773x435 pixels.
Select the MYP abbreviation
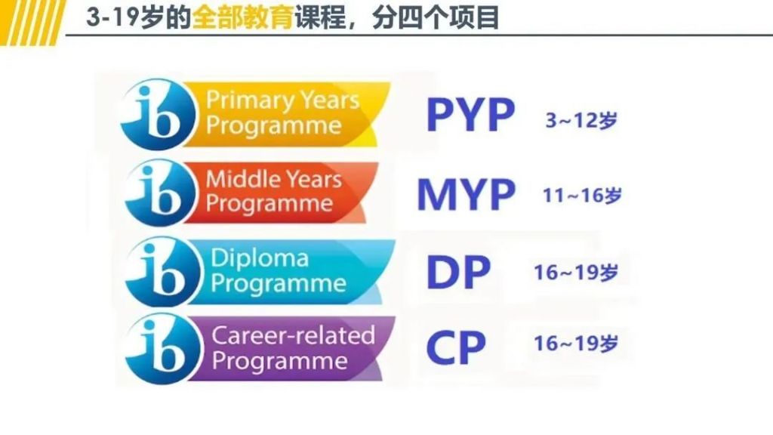[x=466, y=194]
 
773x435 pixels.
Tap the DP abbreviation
[x=457, y=272]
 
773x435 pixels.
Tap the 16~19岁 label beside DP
[x=576, y=273]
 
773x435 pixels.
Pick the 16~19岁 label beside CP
[x=576, y=344]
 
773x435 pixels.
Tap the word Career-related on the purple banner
[x=293, y=335]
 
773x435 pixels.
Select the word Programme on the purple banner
[x=279, y=360]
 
